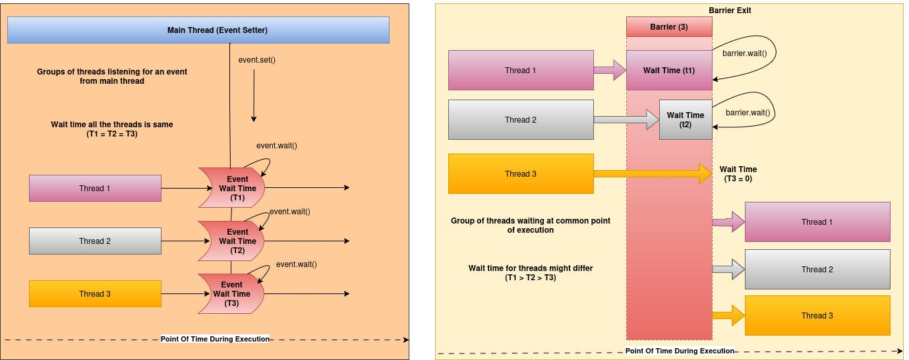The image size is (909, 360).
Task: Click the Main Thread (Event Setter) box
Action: [198, 30]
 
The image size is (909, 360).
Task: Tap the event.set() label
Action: [256, 60]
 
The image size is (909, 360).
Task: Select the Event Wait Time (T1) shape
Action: [231, 188]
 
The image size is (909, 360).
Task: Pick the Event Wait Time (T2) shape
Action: [231, 241]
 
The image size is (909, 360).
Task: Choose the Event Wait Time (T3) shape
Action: [231, 294]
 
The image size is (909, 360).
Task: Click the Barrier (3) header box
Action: [669, 27]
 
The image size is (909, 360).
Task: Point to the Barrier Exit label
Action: [730, 11]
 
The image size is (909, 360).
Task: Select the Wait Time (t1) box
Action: [669, 71]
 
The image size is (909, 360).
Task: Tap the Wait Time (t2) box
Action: [686, 119]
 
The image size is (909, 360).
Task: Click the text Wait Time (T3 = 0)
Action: [738, 174]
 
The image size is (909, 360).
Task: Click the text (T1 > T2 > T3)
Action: [531, 278]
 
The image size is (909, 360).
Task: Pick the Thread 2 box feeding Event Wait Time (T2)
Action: [95, 241]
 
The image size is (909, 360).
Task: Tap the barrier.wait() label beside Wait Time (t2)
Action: [748, 113]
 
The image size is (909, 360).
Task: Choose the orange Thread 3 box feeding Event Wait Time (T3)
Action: [95, 294]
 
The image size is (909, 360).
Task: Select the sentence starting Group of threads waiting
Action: [531, 225]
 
